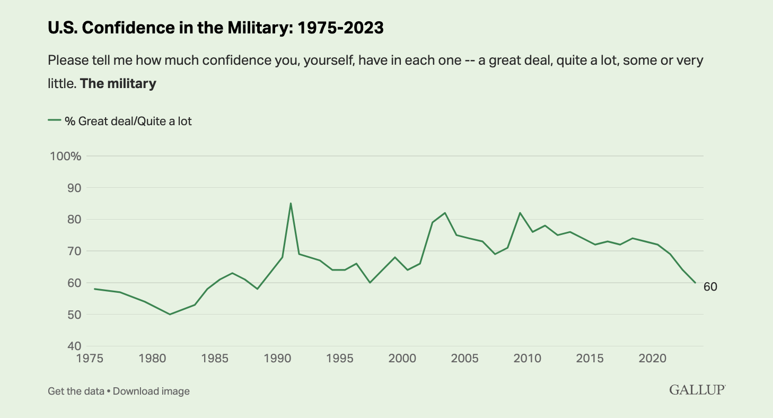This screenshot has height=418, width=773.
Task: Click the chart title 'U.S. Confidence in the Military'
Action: [215, 28]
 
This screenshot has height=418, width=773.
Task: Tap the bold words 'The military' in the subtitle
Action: [118, 83]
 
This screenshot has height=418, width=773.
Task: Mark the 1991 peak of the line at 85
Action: [291, 203]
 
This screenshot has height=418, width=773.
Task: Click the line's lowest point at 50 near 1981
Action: [170, 314]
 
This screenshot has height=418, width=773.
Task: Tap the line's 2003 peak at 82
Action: [445, 213]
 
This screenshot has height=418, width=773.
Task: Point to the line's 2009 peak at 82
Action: [520, 213]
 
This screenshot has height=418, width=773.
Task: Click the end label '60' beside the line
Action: [710, 287]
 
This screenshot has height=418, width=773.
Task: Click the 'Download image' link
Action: [151, 391]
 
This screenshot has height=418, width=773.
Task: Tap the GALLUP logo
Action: [697, 390]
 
